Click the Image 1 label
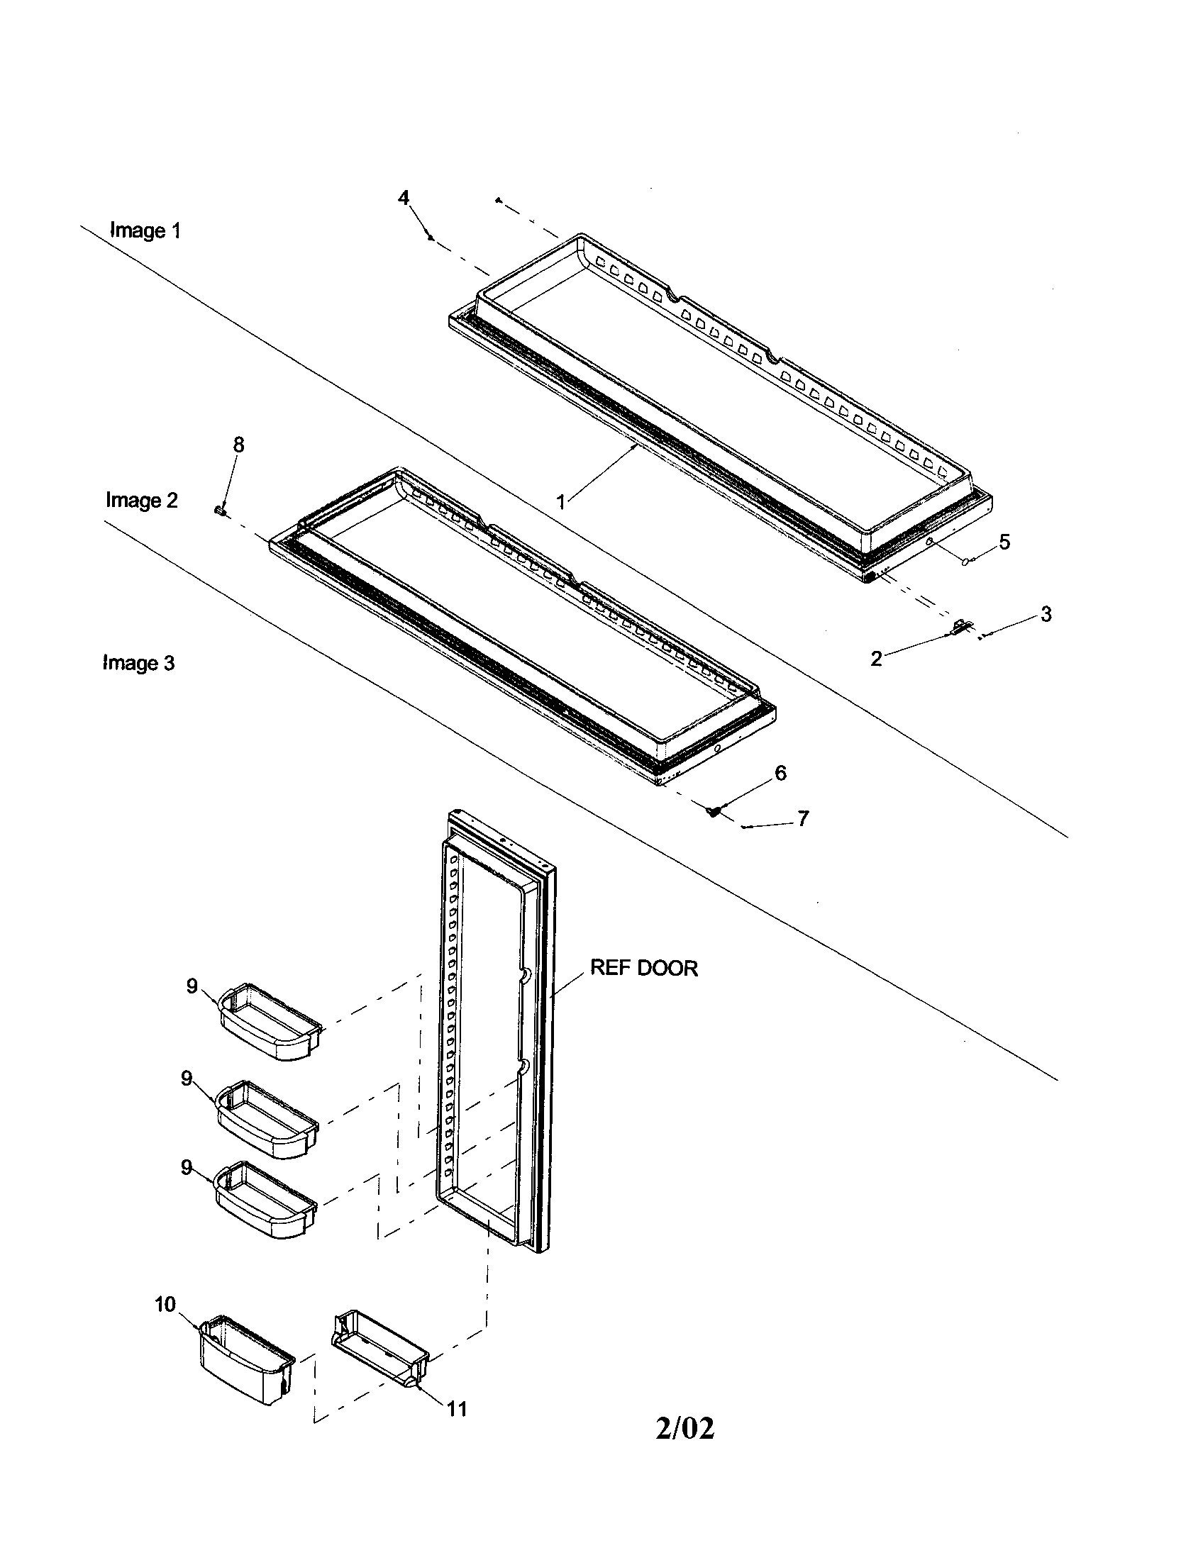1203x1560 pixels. [x=145, y=230]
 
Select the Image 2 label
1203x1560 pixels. [x=141, y=500]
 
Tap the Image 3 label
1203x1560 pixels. [x=138, y=663]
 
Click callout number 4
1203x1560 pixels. [x=404, y=197]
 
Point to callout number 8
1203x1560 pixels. [x=238, y=445]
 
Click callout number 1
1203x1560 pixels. [x=562, y=502]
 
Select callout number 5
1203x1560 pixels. [x=1004, y=542]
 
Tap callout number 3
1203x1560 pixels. [x=1046, y=613]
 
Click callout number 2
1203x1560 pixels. [x=876, y=659]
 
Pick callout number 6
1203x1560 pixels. [x=780, y=773]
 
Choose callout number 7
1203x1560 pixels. [x=803, y=818]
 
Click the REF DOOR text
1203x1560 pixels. [x=643, y=968]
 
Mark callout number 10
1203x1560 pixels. [x=165, y=1304]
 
